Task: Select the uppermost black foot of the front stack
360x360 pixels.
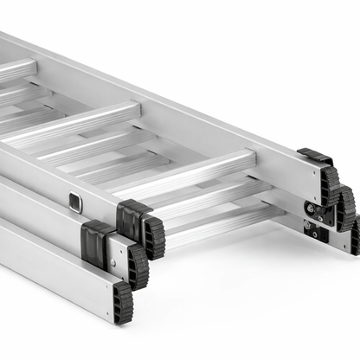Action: tap(154, 235)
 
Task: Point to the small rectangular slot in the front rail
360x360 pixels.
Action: tap(75, 202)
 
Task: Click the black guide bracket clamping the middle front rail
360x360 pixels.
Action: tap(94, 241)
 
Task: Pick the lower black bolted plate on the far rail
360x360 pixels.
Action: tap(315, 231)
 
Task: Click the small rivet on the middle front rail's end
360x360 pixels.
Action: tap(110, 259)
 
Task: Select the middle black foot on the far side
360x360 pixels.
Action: tap(345, 208)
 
